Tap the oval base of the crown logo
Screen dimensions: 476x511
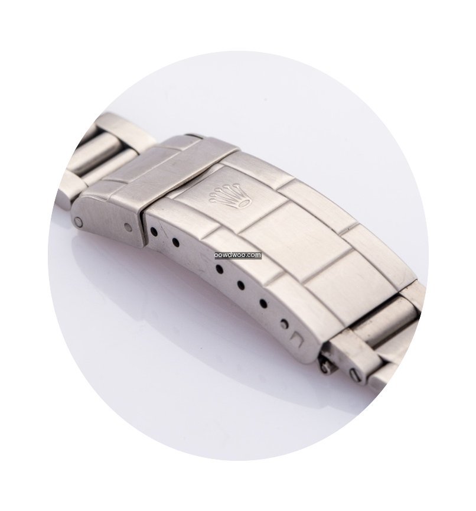(x=245, y=203)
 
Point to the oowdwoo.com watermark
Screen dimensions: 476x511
(x=238, y=255)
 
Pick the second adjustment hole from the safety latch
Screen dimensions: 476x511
(x=175, y=242)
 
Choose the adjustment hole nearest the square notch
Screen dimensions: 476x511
(x=285, y=324)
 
